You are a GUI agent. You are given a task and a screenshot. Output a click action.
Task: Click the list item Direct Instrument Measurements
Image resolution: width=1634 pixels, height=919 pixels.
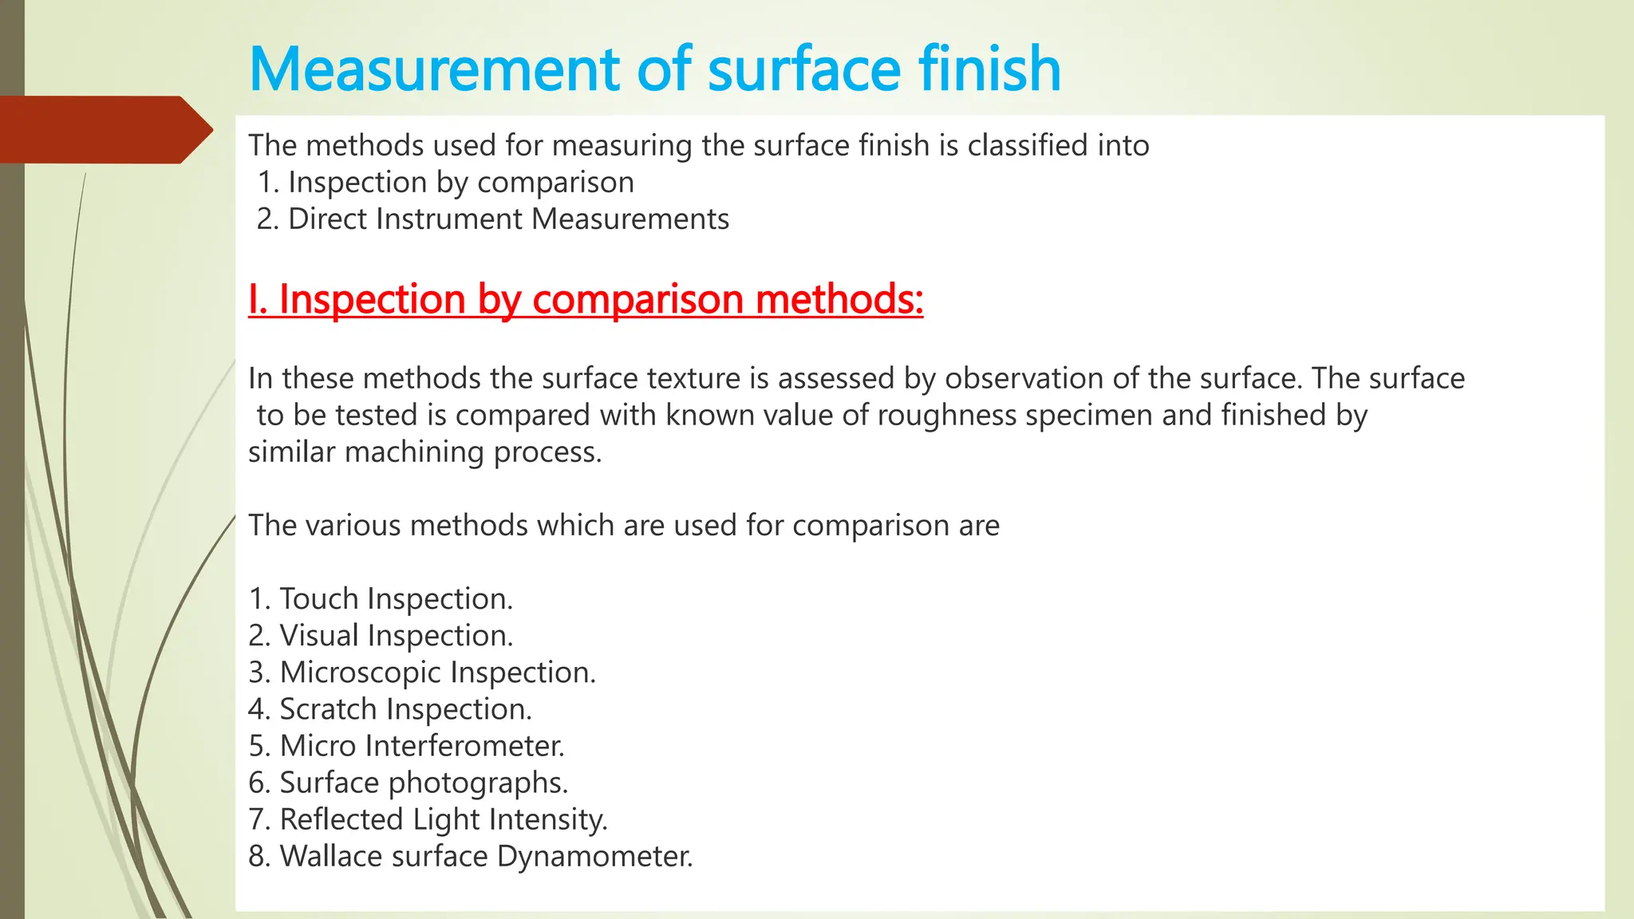pos(492,219)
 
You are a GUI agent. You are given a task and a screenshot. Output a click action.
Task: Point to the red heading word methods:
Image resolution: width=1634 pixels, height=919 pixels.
pos(839,300)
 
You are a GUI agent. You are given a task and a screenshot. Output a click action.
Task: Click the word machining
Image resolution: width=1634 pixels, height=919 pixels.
pos(416,452)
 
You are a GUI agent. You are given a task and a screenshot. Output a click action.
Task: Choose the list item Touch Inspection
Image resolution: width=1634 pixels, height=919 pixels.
pos(381,599)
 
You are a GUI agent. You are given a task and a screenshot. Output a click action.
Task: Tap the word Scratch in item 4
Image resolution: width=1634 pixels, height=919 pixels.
pos(328,709)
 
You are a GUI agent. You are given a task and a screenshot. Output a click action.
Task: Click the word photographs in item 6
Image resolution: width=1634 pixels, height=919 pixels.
pos(479,783)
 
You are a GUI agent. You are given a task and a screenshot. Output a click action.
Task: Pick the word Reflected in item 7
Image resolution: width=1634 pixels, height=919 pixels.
pos(342,819)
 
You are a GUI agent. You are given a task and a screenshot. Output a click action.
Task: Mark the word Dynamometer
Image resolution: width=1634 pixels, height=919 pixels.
pos(594,856)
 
